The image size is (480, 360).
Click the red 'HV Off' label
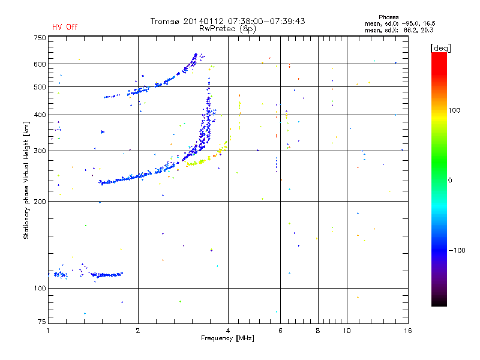(x=64, y=27)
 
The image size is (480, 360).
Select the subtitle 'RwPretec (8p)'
(x=227, y=28)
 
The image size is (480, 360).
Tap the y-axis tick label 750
(x=40, y=37)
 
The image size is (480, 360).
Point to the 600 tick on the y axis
(x=40, y=64)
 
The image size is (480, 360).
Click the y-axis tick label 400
(x=40, y=115)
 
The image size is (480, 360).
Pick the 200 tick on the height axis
(x=40, y=202)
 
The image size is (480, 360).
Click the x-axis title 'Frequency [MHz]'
(x=227, y=339)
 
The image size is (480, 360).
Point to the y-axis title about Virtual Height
(x=26, y=180)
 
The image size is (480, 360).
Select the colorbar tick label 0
(x=451, y=180)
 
